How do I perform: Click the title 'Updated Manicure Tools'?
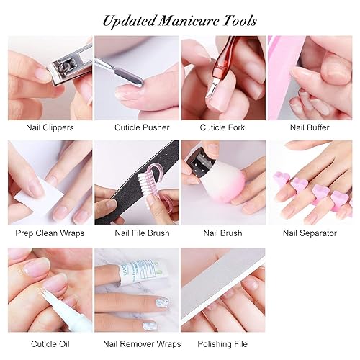point(180,20)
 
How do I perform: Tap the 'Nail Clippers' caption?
point(50,127)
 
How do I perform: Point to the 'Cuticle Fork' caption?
point(223,127)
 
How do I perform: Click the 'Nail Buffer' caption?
point(310,127)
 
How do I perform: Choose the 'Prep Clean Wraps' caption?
point(50,233)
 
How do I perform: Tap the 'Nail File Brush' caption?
point(137,233)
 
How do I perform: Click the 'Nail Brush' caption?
point(223,233)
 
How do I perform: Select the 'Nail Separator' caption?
point(310,233)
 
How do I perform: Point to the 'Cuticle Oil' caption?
point(50,343)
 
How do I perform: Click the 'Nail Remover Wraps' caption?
point(137,343)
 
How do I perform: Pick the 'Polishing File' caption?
point(223,343)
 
